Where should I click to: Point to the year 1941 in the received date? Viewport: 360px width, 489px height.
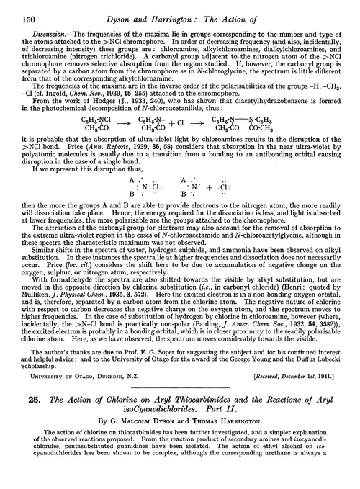point(336,416)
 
